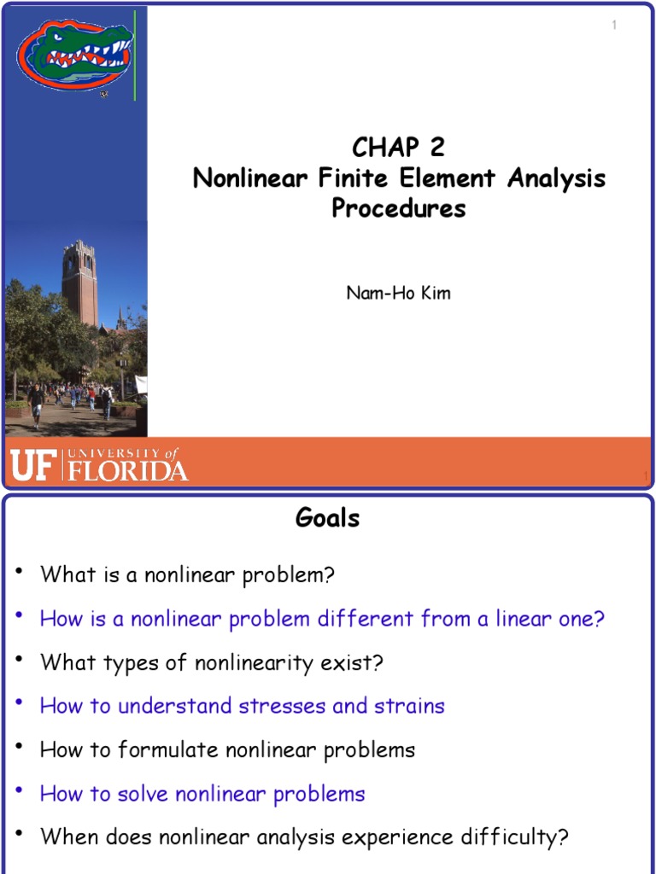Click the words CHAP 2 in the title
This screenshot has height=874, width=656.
[398, 148]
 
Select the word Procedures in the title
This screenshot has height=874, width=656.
[399, 208]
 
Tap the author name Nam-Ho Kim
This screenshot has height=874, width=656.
[398, 293]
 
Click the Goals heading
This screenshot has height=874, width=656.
[327, 518]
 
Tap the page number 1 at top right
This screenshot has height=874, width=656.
[613, 26]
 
